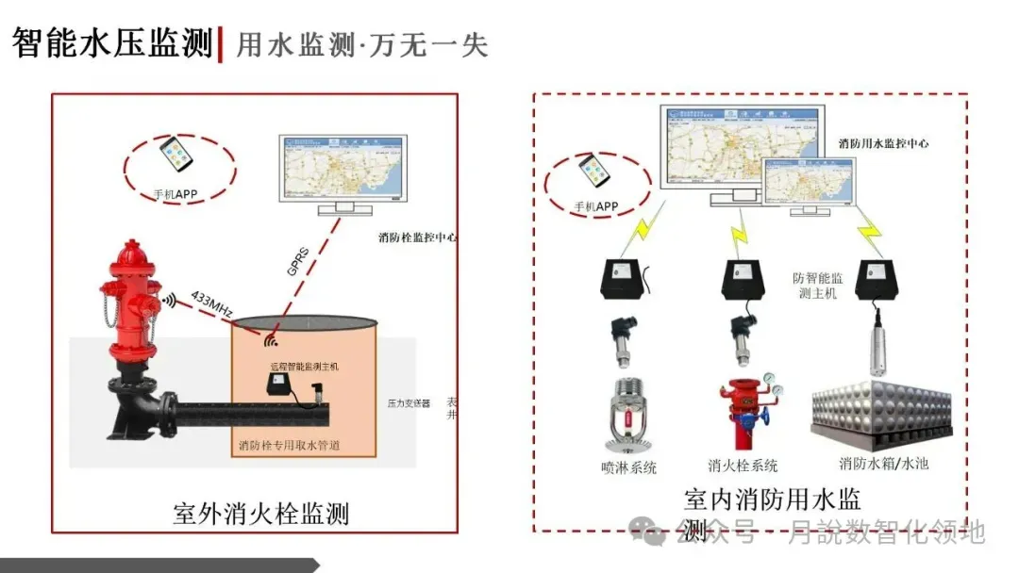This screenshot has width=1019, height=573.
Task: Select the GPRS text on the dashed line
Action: coord(296,263)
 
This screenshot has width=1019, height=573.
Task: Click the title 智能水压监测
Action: coord(112,42)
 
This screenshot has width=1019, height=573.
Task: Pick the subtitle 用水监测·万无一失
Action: coord(362,44)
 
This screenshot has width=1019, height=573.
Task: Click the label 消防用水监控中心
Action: coord(883,144)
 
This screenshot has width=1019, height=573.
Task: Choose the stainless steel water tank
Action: coord(883,409)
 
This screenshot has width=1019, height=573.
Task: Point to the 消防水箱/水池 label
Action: coord(883,464)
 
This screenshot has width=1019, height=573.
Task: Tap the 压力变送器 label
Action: coord(409,402)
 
